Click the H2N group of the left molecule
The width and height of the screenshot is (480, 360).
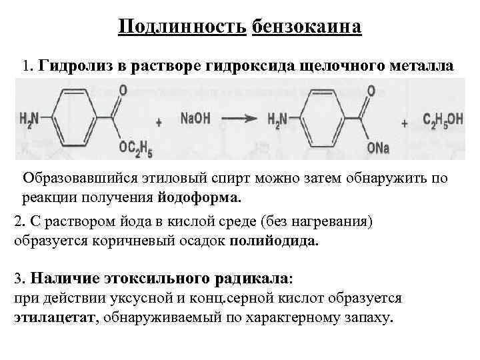point(29,119)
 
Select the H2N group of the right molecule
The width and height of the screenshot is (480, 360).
point(277,119)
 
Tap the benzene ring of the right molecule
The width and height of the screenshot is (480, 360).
point(324,119)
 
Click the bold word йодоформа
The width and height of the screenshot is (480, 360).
point(201,197)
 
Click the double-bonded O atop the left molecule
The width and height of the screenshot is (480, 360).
point(121,90)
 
